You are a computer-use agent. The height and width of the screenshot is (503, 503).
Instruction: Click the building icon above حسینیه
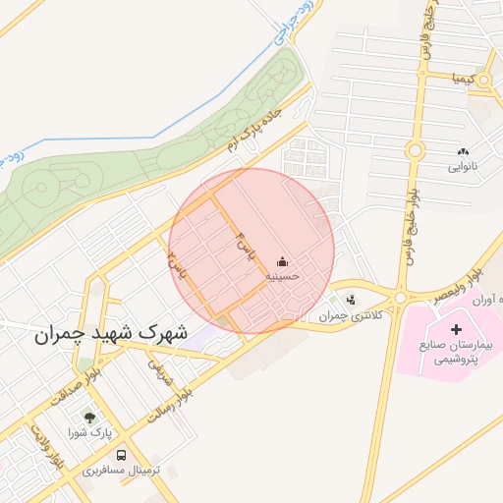coord(284,261)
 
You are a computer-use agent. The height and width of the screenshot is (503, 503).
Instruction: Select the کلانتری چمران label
coord(348,315)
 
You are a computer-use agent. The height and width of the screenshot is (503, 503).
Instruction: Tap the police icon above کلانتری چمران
coord(352,300)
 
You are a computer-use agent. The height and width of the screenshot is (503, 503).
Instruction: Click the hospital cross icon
coord(456,328)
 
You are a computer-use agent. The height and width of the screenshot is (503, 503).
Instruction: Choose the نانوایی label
coord(463,167)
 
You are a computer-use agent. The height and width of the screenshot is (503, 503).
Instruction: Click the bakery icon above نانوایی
coord(463,151)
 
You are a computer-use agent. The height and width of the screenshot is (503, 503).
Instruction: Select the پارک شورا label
coord(91,432)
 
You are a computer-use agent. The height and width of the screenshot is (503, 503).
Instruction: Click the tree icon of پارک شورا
coord(90,417)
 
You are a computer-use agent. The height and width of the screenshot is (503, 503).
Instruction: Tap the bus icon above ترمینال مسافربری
coord(121,455)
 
